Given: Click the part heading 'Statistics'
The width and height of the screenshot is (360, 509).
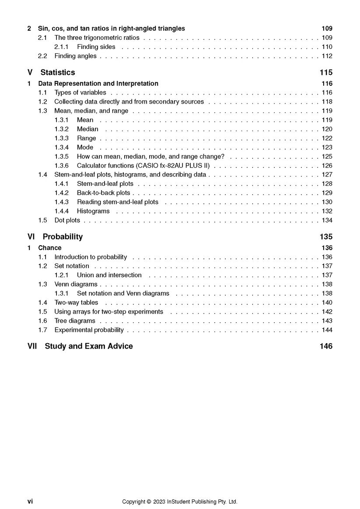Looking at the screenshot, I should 57,73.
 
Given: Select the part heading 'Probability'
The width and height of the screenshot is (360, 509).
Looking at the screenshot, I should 63,237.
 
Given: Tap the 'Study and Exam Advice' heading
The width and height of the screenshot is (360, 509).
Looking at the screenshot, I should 88,346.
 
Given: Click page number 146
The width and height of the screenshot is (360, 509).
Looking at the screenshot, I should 326,346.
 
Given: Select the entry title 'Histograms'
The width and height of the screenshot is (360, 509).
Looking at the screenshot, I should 93,211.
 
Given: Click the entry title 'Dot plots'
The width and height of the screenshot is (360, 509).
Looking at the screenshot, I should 67,220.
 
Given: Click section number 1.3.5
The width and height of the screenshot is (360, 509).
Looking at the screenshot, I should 61,157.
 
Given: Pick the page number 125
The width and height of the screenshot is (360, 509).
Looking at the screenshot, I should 327,157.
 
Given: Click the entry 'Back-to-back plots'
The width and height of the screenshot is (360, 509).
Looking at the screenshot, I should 103,193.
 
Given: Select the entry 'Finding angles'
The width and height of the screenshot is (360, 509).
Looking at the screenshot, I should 75,56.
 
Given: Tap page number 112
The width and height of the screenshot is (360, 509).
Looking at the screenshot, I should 327,56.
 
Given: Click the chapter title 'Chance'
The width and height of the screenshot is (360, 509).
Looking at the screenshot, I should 49,248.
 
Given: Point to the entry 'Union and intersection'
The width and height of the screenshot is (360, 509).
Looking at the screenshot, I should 109,275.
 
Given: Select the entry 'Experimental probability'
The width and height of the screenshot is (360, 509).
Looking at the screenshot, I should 89,330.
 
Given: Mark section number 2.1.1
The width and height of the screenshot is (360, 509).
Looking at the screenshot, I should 61,47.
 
